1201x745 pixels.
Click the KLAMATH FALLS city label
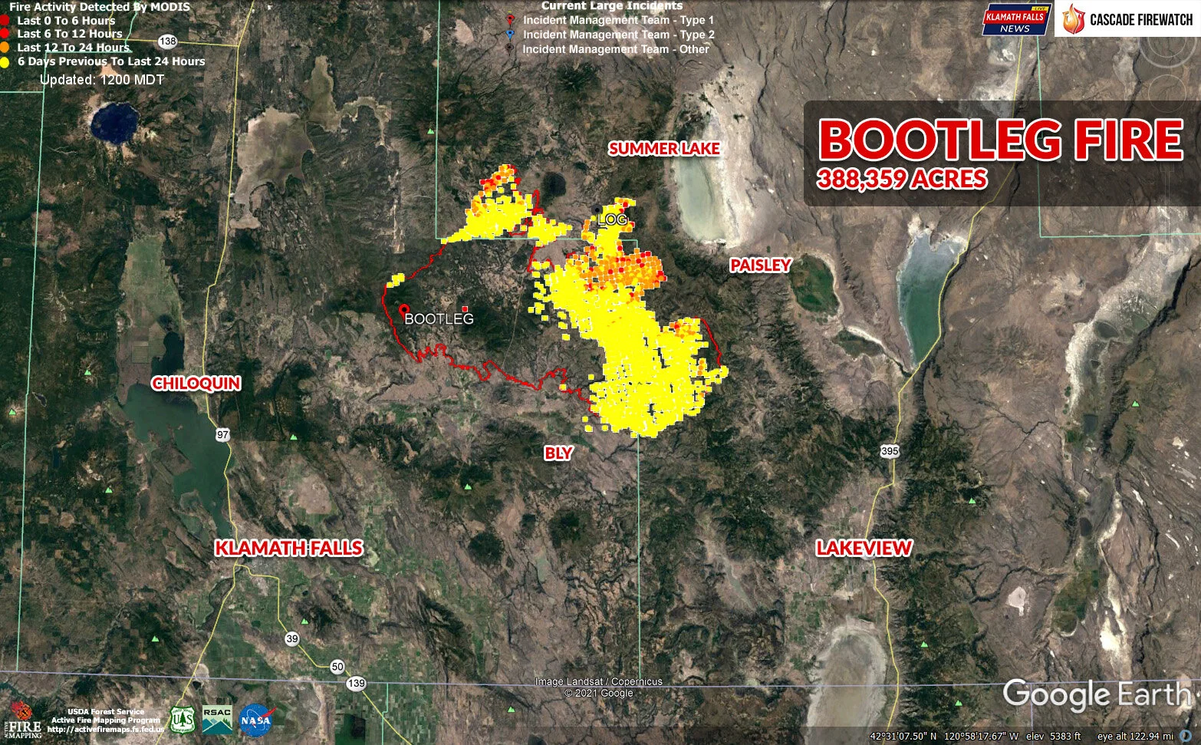(288, 548)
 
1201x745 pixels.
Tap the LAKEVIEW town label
(864, 548)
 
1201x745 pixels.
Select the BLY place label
(558, 453)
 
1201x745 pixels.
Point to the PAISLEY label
(760, 265)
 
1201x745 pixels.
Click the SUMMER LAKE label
(664, 148)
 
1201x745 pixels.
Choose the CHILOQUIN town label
(196, 383)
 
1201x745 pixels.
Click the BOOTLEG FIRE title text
(1001, 140)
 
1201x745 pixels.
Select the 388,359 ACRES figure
(902, 179)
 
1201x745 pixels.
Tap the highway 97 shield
(222, 435)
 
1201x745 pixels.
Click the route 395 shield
(890, 450)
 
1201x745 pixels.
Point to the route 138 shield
(168, 41)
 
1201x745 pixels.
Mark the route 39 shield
(292, 638)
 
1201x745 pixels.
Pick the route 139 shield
(356, 683)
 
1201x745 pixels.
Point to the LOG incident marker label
(612, 219)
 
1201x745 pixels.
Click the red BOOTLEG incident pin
(403, 309)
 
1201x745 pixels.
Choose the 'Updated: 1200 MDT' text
(102, 79)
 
